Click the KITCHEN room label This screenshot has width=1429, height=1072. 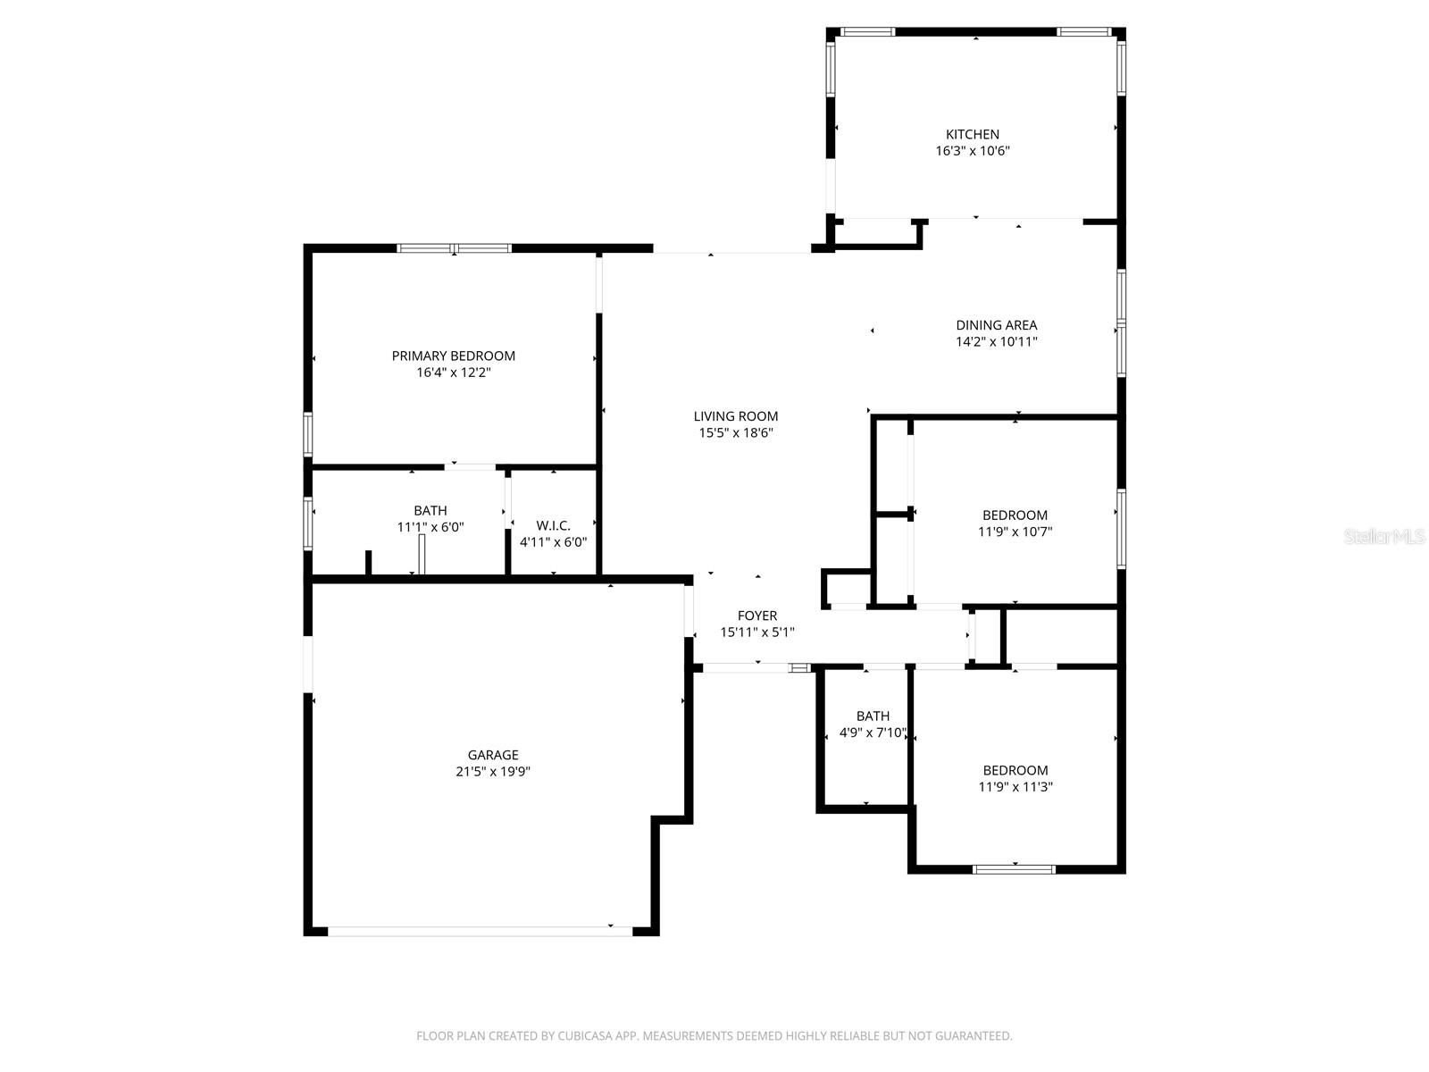(973, 135)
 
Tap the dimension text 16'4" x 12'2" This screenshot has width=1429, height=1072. (454, 373)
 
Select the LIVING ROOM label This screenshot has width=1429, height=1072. (736, 416)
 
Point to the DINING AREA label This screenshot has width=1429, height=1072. (997, 325)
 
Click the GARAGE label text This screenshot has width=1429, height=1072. (493, 755)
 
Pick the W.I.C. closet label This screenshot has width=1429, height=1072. (553, 525)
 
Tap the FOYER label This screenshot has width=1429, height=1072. (757, 616)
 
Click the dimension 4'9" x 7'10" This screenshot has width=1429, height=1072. (873, 733)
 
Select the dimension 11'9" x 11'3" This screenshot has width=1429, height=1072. (1015, 787)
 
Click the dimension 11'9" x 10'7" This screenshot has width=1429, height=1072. (1015, 532)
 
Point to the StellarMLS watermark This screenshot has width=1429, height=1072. (1385, 537)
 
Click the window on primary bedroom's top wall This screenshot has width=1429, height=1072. (454, 248)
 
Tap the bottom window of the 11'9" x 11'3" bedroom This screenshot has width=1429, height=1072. (1014, 868)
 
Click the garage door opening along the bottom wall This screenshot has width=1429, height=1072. (481, 931)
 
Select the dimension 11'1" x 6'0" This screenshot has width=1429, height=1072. (430, 527)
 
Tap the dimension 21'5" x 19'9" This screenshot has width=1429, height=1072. (493, 772)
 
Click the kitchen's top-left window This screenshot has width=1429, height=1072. (867, 32)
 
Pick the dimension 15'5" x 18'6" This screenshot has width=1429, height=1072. (736, 433)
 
